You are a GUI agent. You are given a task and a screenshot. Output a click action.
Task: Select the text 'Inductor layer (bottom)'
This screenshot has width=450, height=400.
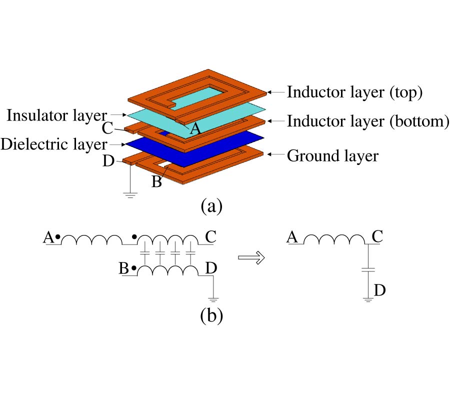point(367,121)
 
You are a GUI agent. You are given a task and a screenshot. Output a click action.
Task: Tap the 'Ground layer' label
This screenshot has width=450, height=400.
point(332,156)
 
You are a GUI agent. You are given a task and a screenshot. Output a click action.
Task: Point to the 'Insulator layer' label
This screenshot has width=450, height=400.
point(56,115)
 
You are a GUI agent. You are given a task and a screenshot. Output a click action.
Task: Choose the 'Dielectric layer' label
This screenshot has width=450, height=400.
point(54,144)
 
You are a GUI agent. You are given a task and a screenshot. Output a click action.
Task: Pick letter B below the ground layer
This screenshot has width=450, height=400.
point(156,182)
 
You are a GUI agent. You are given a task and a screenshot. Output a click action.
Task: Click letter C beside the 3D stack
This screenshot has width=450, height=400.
point(107,129)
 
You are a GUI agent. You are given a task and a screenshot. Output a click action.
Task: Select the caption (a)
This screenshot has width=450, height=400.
point(211,205)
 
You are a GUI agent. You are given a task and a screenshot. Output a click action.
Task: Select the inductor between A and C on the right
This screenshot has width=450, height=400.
point(333,238)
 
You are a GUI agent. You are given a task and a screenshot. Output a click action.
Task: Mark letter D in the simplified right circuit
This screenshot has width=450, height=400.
point(379,290)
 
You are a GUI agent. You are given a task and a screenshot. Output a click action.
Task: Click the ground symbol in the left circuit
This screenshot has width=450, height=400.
point(214,300)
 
